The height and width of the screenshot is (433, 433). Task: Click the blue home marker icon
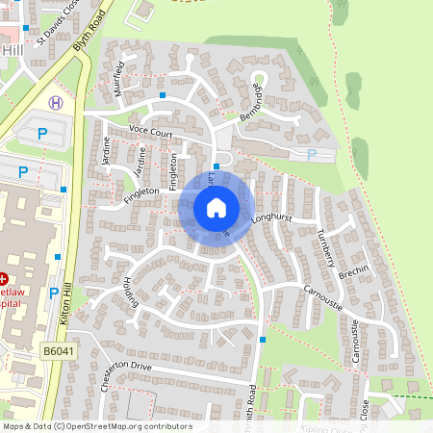tap(216, 206)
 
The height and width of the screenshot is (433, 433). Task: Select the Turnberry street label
tap(325, 248)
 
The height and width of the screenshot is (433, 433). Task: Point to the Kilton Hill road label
tap(65, 308)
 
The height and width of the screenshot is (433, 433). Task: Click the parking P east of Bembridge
tap(310, 154)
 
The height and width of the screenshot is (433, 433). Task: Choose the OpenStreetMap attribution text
tap(96, 426)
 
